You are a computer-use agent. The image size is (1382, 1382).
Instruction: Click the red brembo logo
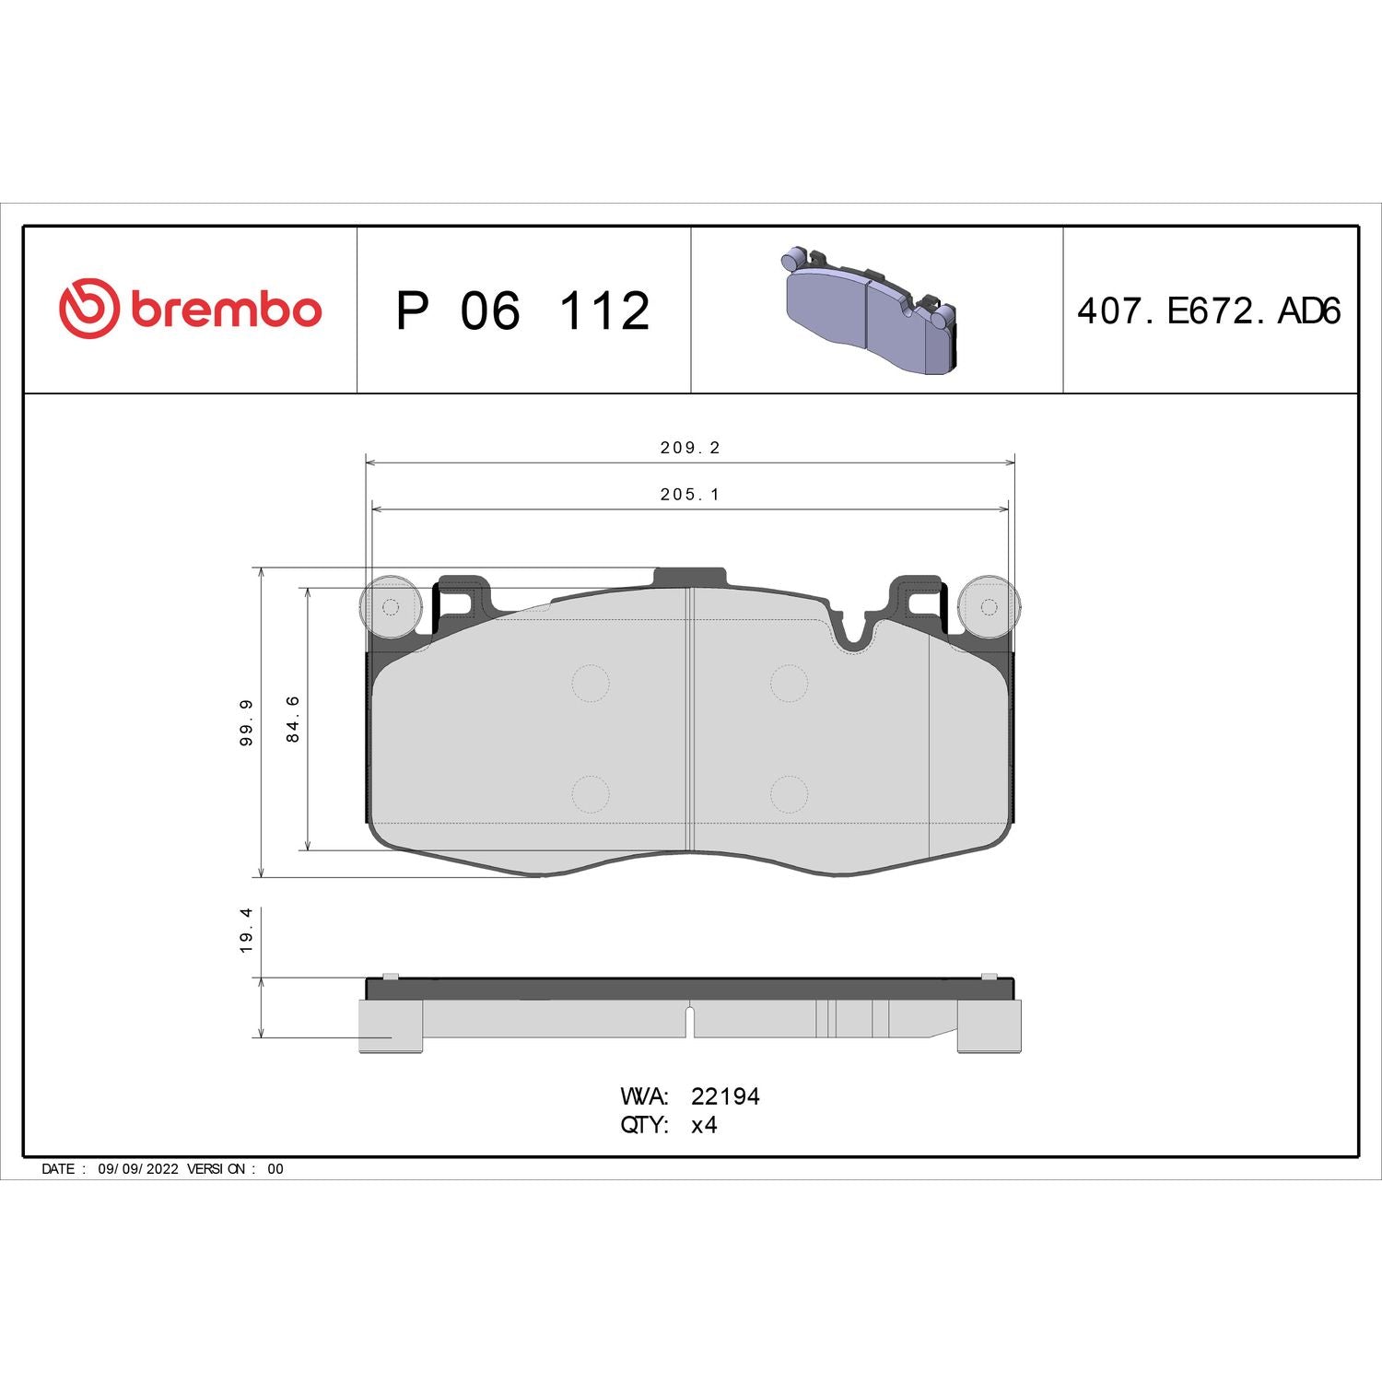point(190,309)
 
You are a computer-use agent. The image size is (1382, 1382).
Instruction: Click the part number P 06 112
point(522,311)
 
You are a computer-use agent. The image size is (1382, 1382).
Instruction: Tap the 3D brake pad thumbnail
point(871,310)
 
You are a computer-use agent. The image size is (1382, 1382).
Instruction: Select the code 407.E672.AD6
point(1208,311)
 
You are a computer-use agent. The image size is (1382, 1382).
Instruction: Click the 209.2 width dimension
point(689,448)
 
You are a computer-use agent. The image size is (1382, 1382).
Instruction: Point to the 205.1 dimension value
point(689,495)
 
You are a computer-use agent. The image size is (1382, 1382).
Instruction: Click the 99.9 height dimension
point(246,722)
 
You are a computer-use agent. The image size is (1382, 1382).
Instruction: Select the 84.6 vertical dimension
point(293,719)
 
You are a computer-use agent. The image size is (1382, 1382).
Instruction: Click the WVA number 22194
point(725,1096)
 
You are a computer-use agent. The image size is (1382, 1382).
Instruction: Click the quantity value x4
point(704,1125)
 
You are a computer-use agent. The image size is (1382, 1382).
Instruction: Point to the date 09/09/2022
point(137,1168)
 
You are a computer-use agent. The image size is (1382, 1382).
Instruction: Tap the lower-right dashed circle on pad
point(789,794)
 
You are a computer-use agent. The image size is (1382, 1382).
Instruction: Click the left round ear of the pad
point(391,606)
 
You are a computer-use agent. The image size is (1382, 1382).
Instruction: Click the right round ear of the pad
point(989,606)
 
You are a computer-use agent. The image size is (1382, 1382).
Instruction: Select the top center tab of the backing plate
point(689,577)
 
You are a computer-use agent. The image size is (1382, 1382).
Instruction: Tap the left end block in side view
point(390,1025)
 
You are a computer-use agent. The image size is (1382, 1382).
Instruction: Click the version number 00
point(275,1168)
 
